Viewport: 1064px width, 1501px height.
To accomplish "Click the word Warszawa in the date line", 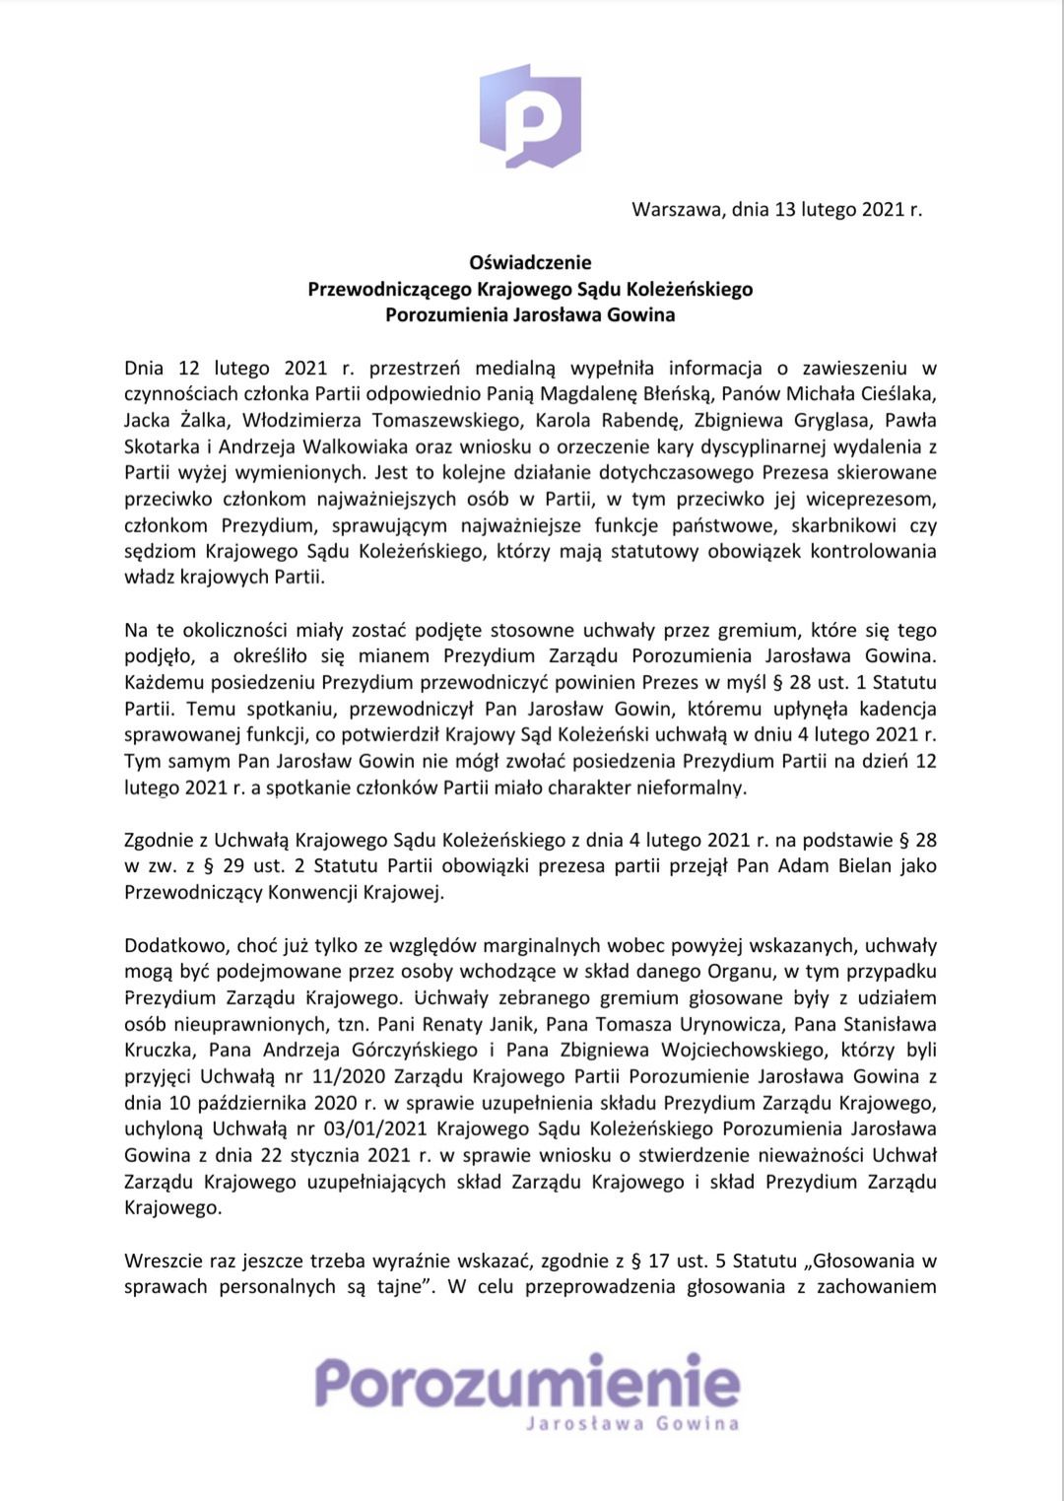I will [x=677, y=210].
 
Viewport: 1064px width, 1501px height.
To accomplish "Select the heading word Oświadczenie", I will [x=530, y=262].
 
